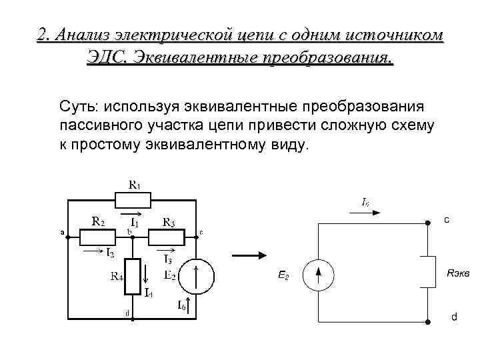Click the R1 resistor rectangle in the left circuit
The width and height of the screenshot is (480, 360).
[x=133, y=199]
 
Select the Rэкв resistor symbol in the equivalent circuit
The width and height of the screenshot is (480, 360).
[x=427, y=272]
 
